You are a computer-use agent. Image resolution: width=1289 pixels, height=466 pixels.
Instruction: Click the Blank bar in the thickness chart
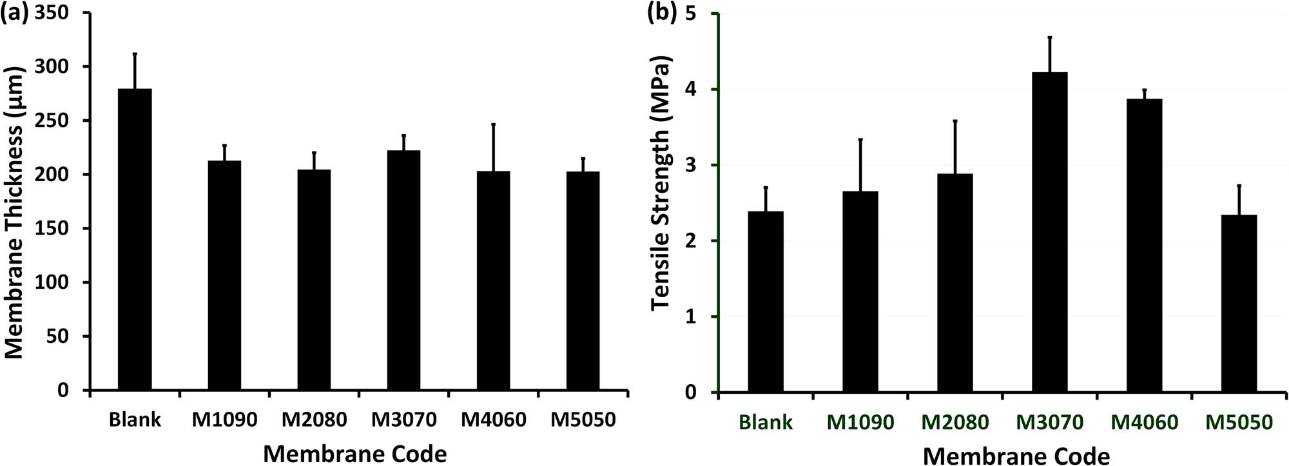[135, 240]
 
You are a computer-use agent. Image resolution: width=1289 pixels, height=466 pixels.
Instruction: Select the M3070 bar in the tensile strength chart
[1050, 232]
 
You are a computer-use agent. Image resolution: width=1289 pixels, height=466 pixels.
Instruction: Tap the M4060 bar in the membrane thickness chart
[493, 280]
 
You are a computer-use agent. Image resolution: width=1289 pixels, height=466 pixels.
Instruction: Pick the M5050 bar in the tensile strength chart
[1239, 303]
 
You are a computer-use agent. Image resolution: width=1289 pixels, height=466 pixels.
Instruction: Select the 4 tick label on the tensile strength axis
[698, 90]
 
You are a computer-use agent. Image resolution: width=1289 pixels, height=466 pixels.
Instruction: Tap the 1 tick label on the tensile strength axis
[698, 317]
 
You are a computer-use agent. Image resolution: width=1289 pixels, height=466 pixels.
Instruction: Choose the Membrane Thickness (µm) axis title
[14, 213]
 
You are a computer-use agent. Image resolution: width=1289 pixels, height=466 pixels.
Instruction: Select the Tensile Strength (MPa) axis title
[661, 182]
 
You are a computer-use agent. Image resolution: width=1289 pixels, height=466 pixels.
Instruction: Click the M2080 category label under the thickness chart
[314, 420]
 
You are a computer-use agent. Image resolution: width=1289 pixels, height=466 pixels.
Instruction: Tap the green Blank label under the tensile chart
[766, 423]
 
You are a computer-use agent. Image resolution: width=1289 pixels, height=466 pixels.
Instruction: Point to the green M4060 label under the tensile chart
[1145, 423]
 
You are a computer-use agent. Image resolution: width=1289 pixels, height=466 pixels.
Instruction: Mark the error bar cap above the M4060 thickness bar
[493, 124]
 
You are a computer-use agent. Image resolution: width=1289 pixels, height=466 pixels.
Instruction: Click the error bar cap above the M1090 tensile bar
[860, 139]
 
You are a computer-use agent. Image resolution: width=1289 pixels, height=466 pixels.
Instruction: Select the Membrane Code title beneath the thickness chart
[354, 454]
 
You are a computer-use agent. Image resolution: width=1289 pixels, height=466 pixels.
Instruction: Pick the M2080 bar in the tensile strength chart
[955, 282]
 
